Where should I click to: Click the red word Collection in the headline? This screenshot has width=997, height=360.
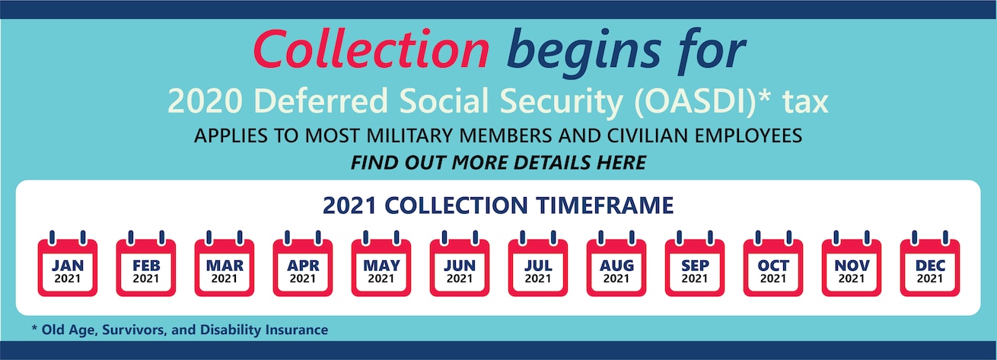click(x=371, y=49)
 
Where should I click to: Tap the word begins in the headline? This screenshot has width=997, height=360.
click(x=584, y=53)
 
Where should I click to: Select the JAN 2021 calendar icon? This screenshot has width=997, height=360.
click(x=68, y=263)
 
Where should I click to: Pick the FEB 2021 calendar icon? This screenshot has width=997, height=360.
click(x=146, y=263)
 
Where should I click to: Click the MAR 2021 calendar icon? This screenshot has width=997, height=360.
click(x=225, y=263)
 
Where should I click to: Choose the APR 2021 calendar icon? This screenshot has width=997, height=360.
click(x=303, y=263)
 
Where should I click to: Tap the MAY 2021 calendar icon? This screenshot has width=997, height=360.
click(x=381, y=263)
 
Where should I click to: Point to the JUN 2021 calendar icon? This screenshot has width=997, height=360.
click(x=460, y=263)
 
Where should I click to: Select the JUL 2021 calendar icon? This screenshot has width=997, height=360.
click(x=537, y=263)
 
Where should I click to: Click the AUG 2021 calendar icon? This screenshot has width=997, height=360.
click(x=616, y=263)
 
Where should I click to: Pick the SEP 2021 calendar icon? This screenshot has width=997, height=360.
click(x=695, y=263)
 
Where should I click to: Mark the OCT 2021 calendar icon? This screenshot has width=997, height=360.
click(x=773, y=263)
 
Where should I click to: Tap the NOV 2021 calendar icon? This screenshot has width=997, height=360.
click(x=852, y=263)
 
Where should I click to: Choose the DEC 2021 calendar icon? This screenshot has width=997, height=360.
click(x=930, y=263)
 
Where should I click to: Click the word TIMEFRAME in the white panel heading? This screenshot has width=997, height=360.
click(x=605, y=205)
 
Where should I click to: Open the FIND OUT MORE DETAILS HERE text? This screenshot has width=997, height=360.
click(x=498, y=163)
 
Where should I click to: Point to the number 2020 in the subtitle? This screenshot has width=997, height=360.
click(x=205, y=101)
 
